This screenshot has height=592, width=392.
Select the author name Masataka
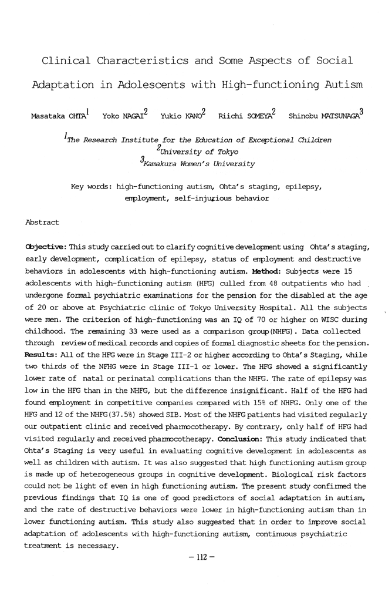coord(50,116)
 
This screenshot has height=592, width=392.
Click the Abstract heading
coord(42,223)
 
